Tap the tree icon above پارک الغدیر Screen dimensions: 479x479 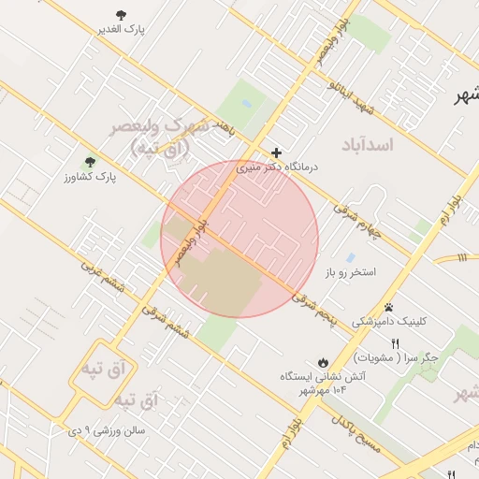[121, 14]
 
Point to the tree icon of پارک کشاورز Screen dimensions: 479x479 [90, 162]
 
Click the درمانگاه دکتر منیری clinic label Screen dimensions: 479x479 [277, 167]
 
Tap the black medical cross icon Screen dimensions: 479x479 [277, 152]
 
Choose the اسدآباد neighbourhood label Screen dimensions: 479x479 [369, 145]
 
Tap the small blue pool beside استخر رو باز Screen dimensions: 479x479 [350, 257]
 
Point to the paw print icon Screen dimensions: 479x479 [388, 307]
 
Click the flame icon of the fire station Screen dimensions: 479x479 [323, 362]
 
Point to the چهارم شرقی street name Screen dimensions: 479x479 [361, 217]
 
